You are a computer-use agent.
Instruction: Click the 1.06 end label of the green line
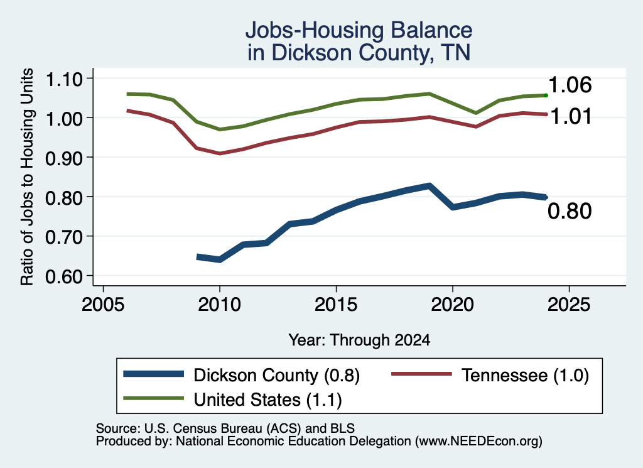click(x=570, y=85)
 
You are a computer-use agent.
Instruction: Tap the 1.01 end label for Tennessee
click(x=571, y=116)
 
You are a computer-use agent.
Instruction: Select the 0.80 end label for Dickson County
click(x=570, y=211)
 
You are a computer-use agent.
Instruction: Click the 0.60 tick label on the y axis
click(x=64, y=276)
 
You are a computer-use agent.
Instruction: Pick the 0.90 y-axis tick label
click(x=64, y=158)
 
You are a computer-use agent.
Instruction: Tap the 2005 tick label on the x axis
click(x=103, y=305)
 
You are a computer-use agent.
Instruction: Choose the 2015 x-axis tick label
click(x=336, y=305)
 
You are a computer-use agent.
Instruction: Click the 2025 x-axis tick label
click(x=569, y=305)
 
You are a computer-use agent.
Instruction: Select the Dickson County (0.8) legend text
click(x=276, y=375)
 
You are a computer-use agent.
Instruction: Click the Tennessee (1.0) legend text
click(x=526, y=375)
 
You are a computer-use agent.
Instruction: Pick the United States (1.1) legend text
click(x=267, y=400)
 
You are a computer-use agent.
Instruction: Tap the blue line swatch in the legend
click(x=154, y=374)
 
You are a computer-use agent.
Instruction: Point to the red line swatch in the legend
click(x=421, y=374)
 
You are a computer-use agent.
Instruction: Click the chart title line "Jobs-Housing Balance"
click(x=359, y=30)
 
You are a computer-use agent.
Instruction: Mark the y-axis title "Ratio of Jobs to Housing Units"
click(x=27, y=177)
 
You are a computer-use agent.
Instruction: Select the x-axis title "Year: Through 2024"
click(x=359, y=340)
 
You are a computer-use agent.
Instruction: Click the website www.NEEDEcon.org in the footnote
click(x=478, y=442)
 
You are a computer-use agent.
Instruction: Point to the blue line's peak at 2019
click(x=430, y=186)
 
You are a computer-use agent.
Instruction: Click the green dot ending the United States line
click(x=546, y=95)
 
